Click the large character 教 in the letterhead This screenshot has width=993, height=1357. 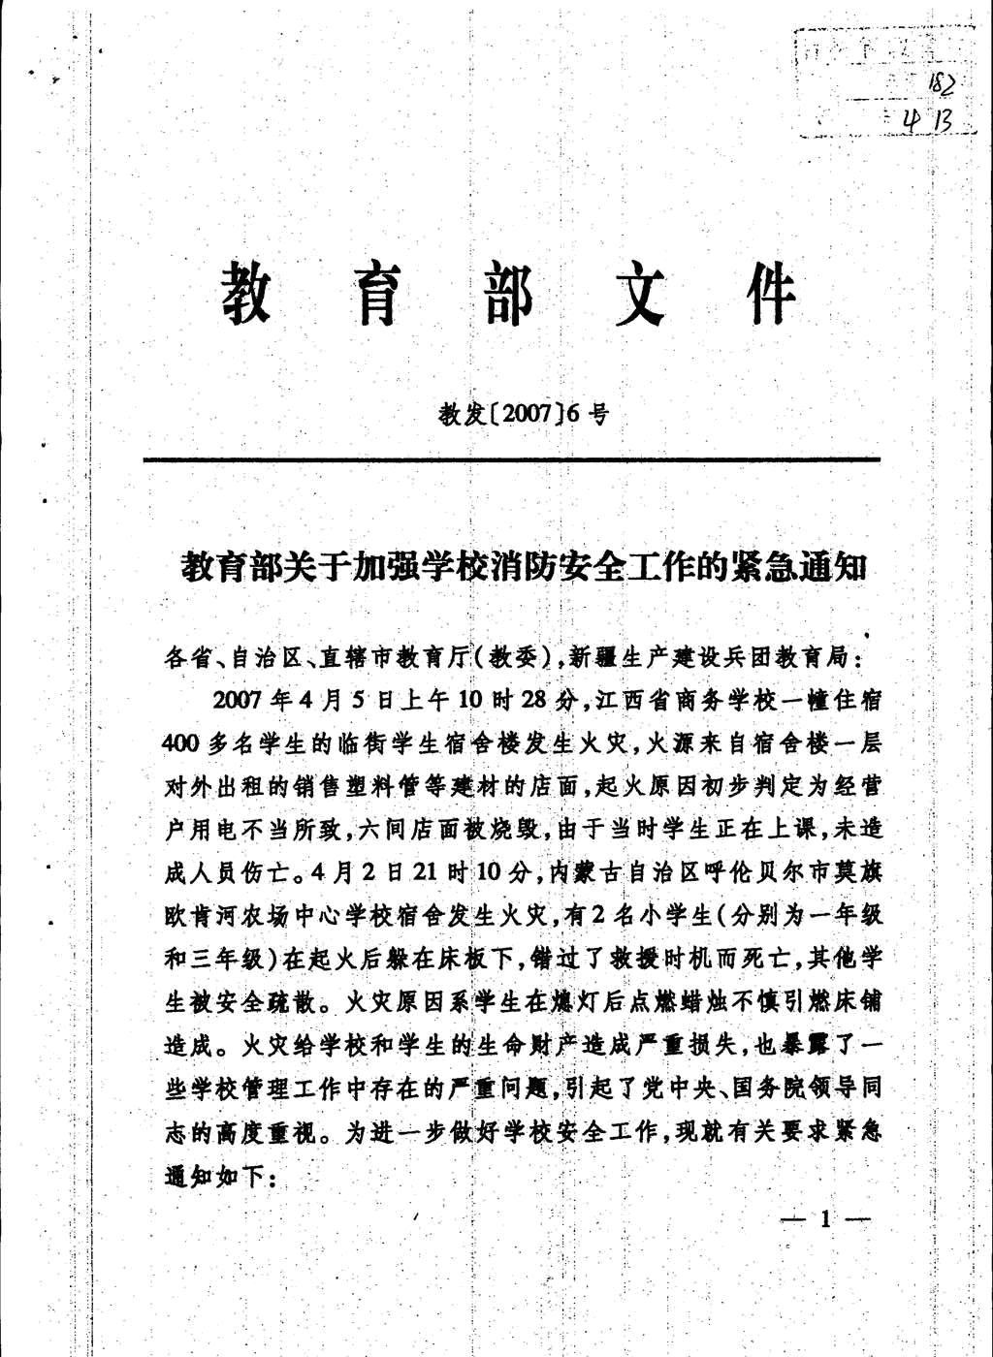pyautogui.click(x=246, y=293)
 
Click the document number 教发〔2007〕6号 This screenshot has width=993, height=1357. pyautogui.click(x=525, y=415)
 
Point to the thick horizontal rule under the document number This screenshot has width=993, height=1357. pyautogui.click(x=511, y=459)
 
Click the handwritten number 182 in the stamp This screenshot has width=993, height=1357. pyautogui.click(x=940, y=85)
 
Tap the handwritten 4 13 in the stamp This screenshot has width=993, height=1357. pyautogui.click(x=926, y=120)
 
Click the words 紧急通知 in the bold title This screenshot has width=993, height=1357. pyautogui.click(x=802, y=565)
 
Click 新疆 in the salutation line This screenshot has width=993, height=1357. pyautogui.click(x=593, y=658)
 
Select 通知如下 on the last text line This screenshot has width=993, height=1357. pyautogui.click(x=214, y=1176)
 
